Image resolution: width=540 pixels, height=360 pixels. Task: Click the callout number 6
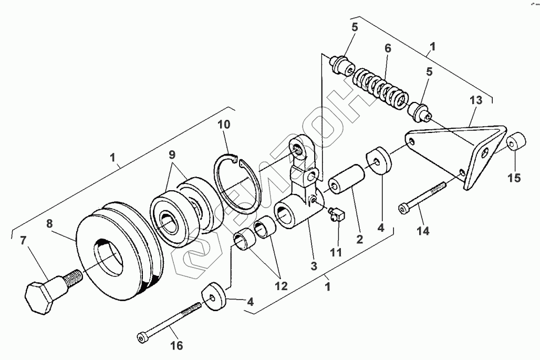coord(388,48)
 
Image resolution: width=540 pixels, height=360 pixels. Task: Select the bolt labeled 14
coord(423,195)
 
